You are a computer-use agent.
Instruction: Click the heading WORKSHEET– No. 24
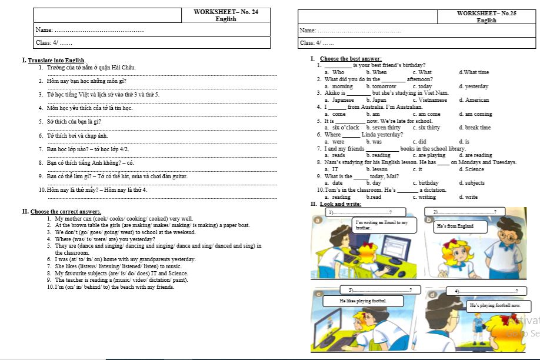point(225,12)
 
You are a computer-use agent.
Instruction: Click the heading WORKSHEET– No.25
point(486,13)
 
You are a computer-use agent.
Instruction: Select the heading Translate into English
point(56,61)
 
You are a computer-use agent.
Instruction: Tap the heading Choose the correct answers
point(65,212)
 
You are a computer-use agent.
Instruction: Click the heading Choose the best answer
point(351,59)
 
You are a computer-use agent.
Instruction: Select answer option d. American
point(474,100)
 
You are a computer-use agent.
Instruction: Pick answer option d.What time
point(474,72)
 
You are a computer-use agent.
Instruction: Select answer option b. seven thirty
point(383,128)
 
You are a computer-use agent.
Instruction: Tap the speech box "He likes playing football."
point(363,301)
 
